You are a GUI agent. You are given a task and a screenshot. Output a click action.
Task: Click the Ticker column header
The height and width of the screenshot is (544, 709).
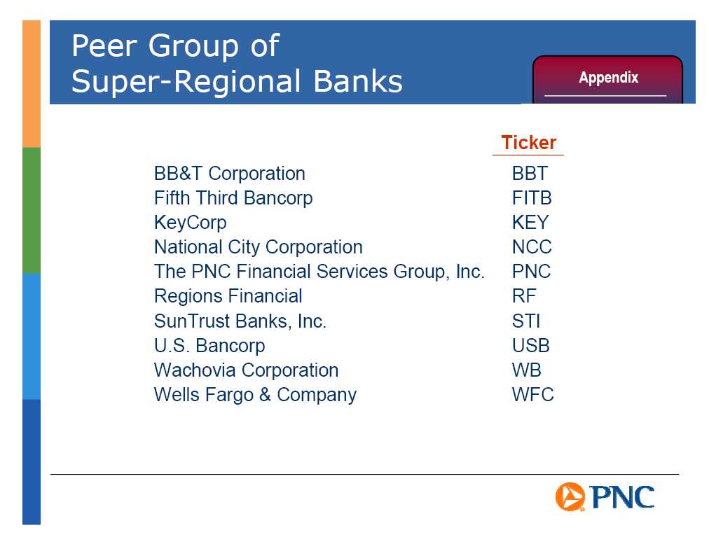click(x=528, y=143)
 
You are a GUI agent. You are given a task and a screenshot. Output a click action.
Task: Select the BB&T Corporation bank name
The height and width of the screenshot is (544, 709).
click(x=229, y=174)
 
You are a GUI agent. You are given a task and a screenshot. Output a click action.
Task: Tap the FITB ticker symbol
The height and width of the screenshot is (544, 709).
click(x=532, y=198)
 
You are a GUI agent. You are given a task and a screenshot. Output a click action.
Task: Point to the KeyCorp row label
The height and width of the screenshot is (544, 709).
click(x=190, y=223)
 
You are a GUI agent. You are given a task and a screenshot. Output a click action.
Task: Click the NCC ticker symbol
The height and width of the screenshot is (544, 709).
click(x=532, y=247)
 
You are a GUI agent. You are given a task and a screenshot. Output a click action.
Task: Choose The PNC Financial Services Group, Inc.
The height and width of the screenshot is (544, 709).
click(x=319, y=272)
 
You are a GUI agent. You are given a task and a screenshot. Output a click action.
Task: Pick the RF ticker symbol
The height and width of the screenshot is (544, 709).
click(x=524, y=296)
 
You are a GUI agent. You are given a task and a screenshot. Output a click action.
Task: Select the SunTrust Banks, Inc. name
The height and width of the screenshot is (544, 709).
click(x=240, y=321)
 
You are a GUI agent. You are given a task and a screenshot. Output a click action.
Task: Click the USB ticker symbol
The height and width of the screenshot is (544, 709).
click(x=531, y=346)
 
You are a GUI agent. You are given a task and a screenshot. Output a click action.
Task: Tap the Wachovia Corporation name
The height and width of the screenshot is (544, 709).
click(x=246, y=370)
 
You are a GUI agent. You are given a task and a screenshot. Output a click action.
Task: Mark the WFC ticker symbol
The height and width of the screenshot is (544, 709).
click(x=532, y=395)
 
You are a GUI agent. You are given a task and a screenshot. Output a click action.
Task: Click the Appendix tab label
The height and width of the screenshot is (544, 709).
click(x=608, y=78)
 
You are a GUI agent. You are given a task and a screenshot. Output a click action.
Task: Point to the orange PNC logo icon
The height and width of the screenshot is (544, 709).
click(x=570, y=496)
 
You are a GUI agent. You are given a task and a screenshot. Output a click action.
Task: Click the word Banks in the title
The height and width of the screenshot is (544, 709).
click(x=358, y=81)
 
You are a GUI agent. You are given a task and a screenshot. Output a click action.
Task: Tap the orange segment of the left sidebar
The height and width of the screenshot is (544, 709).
click(x=32, y=84)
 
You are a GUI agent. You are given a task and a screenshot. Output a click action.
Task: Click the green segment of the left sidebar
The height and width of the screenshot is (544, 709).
click(x=32, y=211)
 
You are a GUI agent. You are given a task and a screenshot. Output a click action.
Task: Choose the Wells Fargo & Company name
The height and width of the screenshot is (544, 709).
click(x=255, y=395)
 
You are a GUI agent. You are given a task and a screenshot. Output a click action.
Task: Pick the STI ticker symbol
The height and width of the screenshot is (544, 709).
click(x=526, y=321)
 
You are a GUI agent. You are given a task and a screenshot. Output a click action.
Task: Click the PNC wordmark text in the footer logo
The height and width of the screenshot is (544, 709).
click(x=622, y=497)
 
